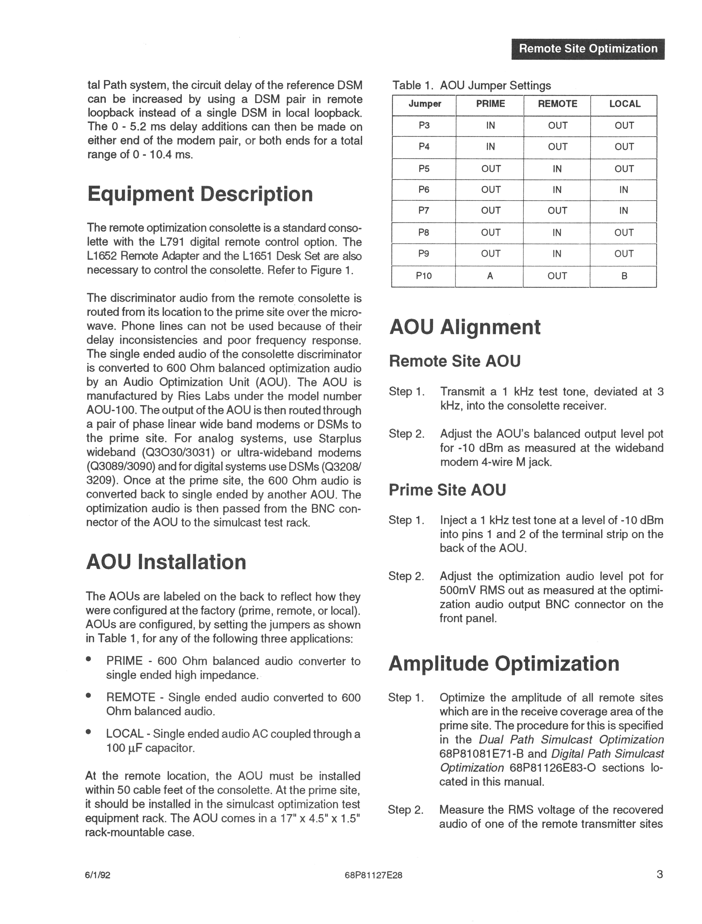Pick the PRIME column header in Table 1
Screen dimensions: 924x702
(490, 104)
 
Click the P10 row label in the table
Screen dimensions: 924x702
(424, 276)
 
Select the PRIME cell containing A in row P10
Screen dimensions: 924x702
(490, 276)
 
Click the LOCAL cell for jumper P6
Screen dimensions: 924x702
(624, 190)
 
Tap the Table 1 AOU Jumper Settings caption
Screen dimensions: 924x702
(471, 86)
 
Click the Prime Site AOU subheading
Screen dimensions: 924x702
(447, 490)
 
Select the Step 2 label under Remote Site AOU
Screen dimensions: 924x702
(406, 434)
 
